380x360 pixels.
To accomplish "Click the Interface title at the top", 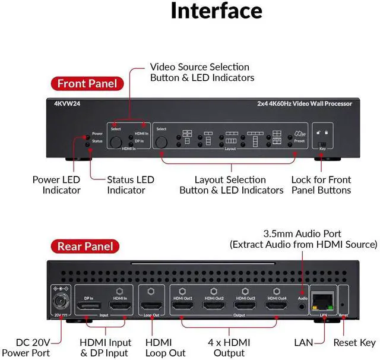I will (216, 11).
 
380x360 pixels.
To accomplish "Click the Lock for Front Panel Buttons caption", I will (321, 185).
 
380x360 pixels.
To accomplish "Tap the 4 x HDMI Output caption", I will (228, 348).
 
